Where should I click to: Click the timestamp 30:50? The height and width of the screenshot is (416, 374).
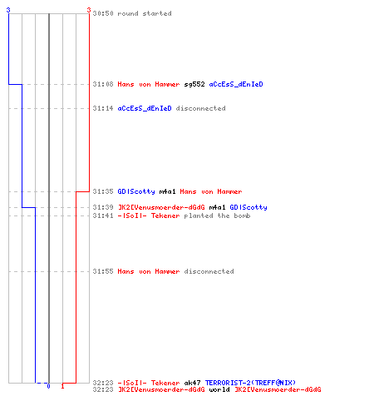tap(103, 13)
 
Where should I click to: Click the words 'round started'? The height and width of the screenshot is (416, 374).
tap(145, 13)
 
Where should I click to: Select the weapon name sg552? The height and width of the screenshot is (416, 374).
tap(194, 84)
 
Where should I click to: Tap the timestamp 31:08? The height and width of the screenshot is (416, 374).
tap(103, 84)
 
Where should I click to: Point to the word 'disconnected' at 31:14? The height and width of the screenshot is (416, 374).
tap(201, 108)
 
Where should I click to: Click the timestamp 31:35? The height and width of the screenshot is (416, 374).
tap(103, 191)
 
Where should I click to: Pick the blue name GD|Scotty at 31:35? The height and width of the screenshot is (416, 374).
tap(136, 191)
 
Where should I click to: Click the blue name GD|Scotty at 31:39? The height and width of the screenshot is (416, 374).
tap(249, 207)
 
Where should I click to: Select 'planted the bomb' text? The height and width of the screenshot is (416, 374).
tap(217, 215)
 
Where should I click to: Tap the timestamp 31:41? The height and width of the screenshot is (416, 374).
tap(103, 215)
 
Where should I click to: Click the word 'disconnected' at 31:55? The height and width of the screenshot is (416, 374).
tap(209, 271)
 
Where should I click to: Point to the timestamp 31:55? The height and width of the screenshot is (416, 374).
tap(103, 271)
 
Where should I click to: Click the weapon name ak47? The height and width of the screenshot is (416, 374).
tap(192, 383)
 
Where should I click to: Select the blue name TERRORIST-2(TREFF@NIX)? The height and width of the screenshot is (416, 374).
tap(250, 383)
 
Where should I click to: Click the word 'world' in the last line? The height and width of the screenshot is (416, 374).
tap(219, 389)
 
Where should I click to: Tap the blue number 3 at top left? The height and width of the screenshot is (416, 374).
tap(8, 10)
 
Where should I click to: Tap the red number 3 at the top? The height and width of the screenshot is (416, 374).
tap(89, 10)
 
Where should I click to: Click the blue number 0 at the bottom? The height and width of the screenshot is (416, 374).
tap(48, 386)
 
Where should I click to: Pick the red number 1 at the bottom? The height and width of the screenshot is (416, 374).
tap(62, 386)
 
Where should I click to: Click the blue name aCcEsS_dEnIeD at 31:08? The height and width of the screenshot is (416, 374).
tap(236, 84)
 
